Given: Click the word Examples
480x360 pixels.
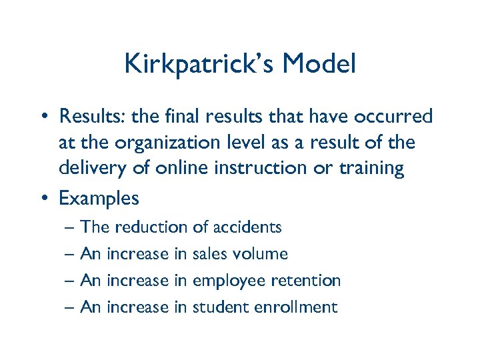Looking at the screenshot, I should coord(99,199).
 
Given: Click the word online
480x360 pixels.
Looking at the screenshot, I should coord(179,168).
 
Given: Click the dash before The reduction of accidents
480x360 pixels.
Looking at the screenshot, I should coord(71,228).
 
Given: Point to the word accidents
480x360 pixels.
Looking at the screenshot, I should coord(247,227).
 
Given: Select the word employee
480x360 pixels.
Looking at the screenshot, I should coord(227,281).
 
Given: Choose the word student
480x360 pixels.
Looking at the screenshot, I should coord(219,307).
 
